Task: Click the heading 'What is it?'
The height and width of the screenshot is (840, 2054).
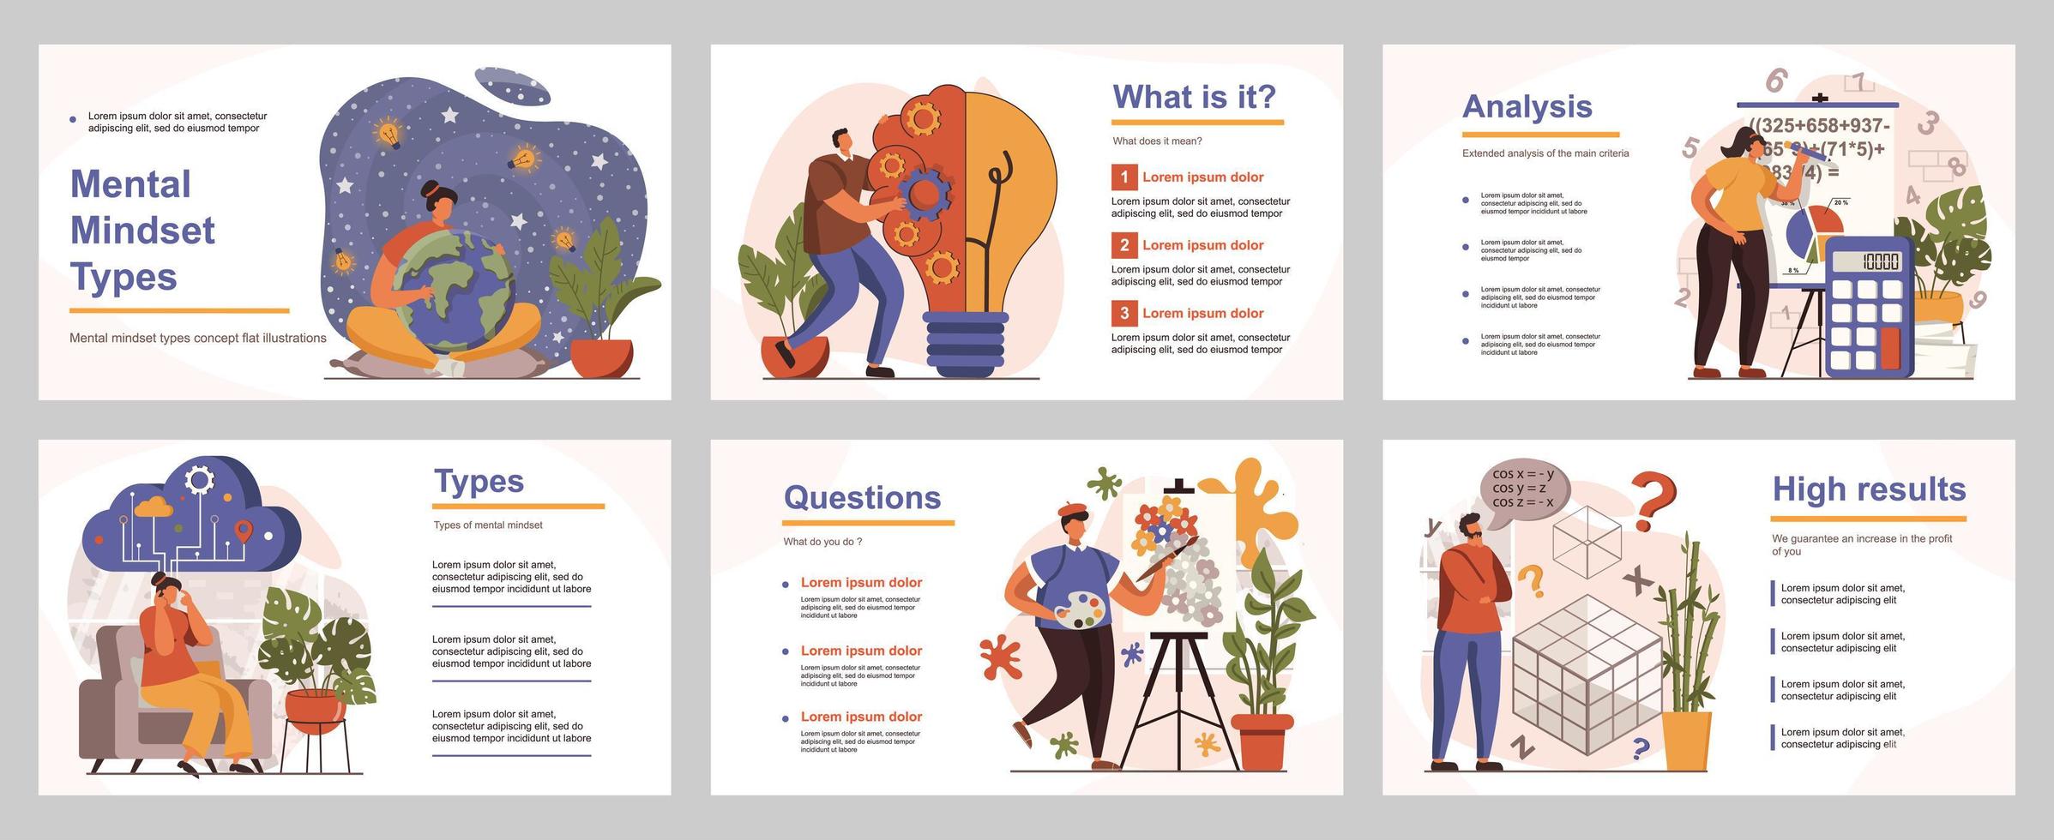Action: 1194,97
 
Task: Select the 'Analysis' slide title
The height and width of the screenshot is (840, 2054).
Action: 1527,106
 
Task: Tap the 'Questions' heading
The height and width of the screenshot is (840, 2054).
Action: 862,497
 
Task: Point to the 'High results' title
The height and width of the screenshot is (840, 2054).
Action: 1869,489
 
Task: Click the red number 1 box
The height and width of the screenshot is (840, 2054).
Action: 1123,177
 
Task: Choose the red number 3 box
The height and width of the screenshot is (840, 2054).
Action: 1123,313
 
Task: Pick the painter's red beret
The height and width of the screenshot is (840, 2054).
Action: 1072,508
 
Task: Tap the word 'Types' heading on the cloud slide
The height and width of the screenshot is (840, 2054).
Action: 479,481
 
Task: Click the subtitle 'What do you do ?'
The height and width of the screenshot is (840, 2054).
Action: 822,542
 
